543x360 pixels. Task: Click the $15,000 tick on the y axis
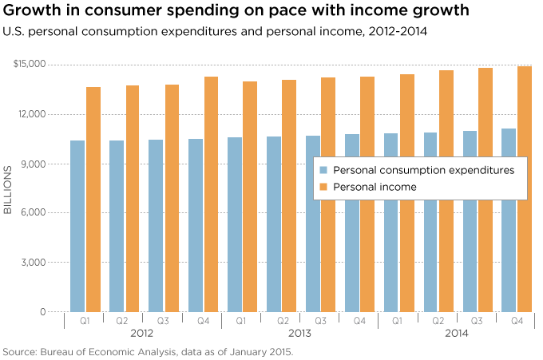30,64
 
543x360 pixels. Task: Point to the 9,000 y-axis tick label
33,164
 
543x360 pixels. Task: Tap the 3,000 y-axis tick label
33,263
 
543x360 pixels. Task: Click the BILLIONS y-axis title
8,189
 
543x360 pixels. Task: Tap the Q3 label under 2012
164,321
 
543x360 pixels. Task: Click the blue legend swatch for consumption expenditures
324,170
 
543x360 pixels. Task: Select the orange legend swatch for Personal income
324,187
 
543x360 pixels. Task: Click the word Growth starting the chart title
33,11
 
